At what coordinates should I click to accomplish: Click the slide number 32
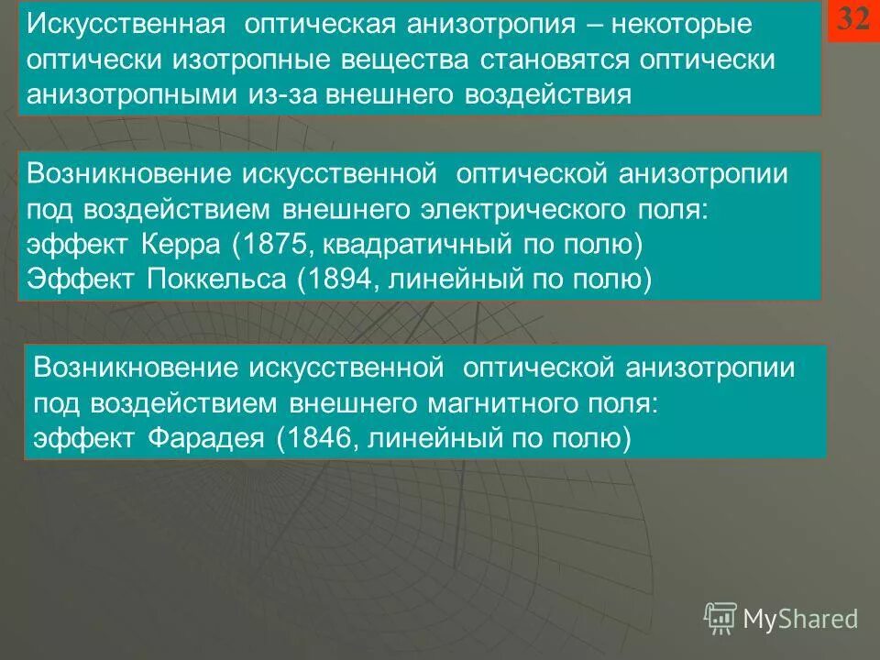click(853, 21)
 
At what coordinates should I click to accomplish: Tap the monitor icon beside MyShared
click(720, 617)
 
